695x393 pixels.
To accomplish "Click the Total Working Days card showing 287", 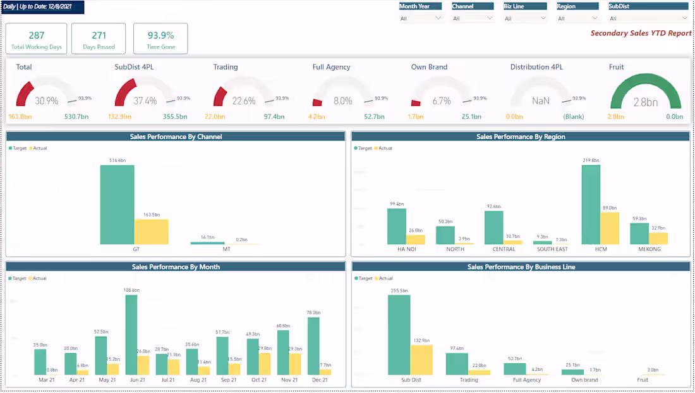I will [36, 39].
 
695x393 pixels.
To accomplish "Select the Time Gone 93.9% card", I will [160, 39].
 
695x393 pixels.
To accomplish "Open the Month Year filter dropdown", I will [420, 18].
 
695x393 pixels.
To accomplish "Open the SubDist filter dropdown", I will [648, 18].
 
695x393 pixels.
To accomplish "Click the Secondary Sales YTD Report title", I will [641, 33].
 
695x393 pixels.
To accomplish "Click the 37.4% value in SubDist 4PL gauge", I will [145, 101].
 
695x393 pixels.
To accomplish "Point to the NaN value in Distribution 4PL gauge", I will [540, 101].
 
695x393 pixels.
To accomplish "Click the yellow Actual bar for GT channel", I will [151, 232].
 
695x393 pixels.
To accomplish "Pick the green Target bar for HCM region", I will [591, 204].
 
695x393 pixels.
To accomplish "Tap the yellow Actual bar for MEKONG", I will [658, 238].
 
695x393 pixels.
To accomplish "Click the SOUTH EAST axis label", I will [552, 249].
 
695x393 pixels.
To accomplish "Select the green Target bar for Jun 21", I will [131, 335].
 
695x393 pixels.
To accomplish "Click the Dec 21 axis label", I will [320, 380].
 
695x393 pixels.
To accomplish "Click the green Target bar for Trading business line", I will [457, 364].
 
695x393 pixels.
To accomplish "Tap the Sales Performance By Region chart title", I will [520, 137].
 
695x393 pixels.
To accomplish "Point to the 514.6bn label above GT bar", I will [117, 161].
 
